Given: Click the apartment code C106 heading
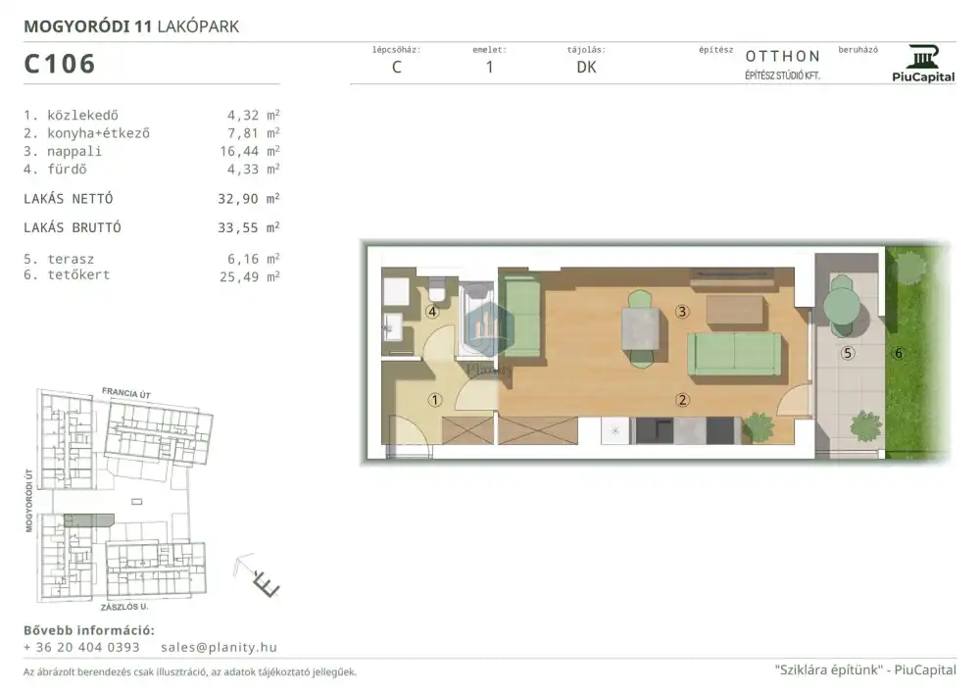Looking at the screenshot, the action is pos(60,64).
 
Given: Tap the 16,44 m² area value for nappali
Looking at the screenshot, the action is pos(249,151).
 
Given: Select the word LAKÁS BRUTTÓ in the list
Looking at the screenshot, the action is pos(73,227).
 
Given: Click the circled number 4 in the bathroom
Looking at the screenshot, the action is pos(432,311).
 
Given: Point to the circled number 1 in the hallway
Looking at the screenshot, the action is pos(435,400).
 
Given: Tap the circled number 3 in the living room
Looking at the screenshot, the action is pos(682,311).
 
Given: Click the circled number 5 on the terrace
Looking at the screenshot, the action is pos(848,353).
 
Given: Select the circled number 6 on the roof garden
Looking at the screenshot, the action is pos(899,353).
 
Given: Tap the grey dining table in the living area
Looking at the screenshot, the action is pos(641,328).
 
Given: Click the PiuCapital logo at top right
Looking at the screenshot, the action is pos(923,65).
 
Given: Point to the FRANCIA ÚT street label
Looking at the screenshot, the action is pos(126,393).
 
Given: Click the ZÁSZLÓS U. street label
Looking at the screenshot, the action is pos(124,607).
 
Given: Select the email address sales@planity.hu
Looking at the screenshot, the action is pos(219,647).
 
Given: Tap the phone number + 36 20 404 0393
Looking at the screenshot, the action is pos(82,647).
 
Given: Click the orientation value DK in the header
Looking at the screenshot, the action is pos(586,67).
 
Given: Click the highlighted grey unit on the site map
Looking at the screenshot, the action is pos(89,520).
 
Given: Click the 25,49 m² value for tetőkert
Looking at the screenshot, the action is pos(249,276).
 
